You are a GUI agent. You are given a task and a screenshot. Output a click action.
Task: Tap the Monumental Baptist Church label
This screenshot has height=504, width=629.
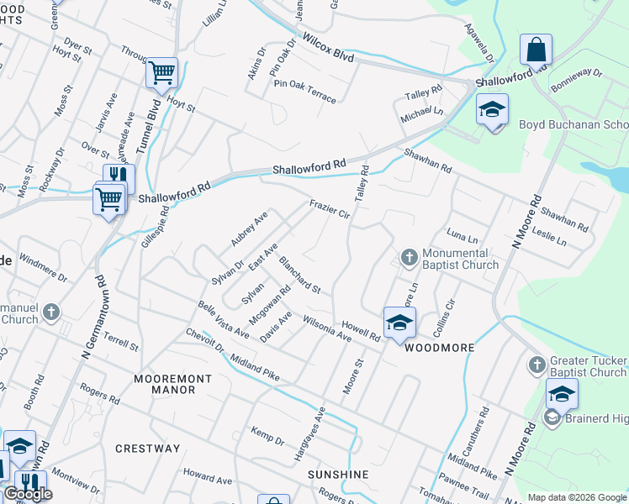[x=461, y=259]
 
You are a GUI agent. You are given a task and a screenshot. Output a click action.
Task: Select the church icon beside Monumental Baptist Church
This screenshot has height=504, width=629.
[x=410, y=256]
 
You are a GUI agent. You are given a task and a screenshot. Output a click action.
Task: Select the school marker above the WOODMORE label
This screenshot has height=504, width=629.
[x=399, y=322]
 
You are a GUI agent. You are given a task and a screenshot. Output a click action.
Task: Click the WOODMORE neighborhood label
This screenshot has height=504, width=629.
[x=440, y=347]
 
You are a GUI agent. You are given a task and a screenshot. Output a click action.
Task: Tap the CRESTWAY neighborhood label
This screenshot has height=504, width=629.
[x=147, y=449]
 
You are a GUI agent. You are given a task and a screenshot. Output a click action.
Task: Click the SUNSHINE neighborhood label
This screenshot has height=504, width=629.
[x=338, y=475]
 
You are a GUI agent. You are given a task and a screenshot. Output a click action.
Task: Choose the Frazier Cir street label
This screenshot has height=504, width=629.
[x=329, y=208]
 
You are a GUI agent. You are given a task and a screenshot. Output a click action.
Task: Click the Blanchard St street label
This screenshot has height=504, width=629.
[x=300, y=275]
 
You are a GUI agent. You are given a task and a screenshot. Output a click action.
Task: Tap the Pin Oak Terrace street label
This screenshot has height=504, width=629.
[x=303, y=93]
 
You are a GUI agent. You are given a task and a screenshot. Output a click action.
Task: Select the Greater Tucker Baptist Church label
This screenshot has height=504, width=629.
[x=588, y=366]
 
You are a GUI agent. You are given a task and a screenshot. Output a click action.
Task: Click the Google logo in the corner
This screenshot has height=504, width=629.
[x=28, y=494]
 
